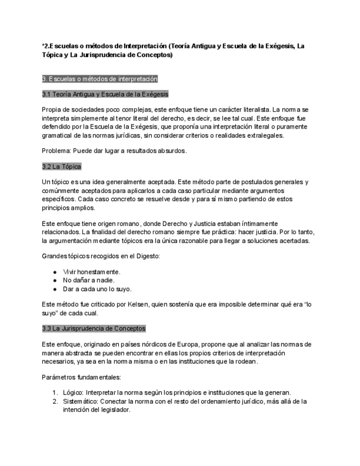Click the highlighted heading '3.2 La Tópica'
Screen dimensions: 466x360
62,166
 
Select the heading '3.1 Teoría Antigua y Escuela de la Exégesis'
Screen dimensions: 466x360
105,94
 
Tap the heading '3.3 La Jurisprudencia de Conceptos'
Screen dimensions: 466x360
93,329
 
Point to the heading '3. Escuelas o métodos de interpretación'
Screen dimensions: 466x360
99,79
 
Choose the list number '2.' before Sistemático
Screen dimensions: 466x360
55,401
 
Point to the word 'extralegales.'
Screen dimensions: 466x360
281,135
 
